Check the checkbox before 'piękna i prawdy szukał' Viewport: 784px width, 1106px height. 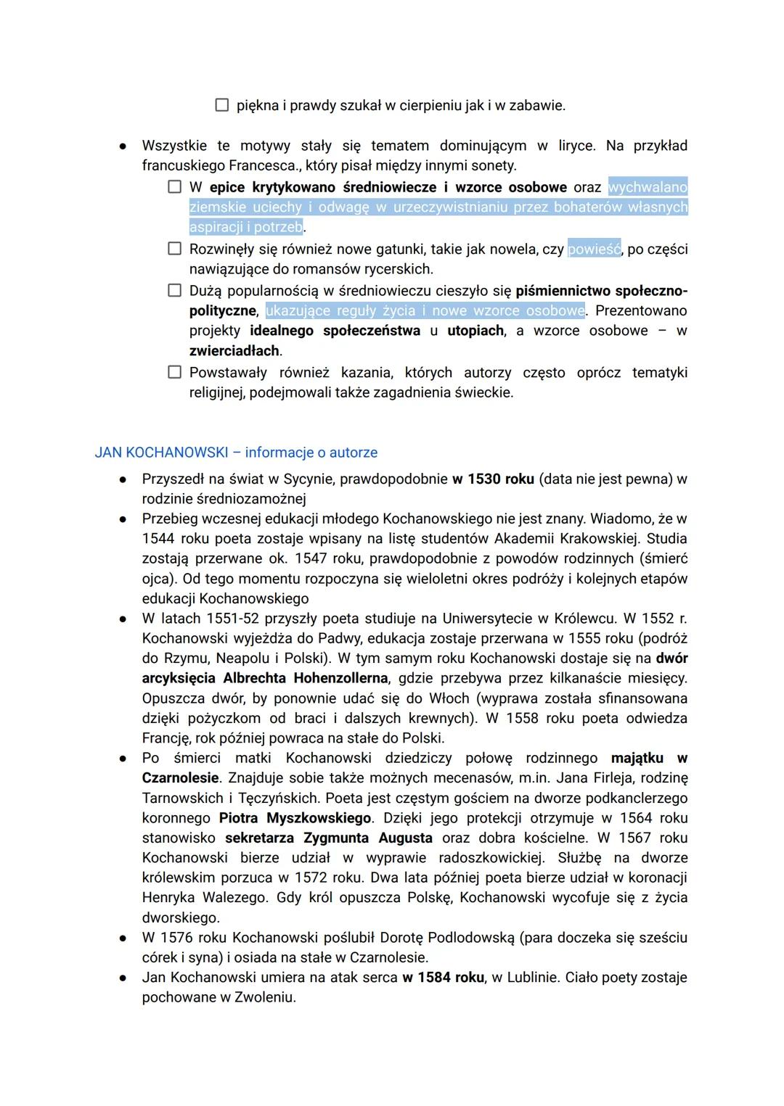(222, 105)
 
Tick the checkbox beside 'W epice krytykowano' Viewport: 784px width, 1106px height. (174, 187)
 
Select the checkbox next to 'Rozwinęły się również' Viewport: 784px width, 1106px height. (174, 249)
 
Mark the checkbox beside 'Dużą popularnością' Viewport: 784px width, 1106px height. (174, 291)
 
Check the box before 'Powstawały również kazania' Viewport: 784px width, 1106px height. (174, 372)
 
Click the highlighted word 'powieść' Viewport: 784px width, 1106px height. (594, 249)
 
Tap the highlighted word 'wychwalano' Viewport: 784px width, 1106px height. (648, 187)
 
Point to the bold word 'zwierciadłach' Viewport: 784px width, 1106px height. (234, 351)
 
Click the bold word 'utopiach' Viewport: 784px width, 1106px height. (475, 331)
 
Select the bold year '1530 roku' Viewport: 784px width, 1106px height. (501, 479)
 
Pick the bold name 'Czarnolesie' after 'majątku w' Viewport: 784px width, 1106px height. (180, 778)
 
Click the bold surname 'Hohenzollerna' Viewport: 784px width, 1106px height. (340, 678)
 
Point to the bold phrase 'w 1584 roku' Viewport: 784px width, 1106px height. (443, 978)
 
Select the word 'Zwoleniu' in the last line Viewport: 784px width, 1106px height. (264, 997)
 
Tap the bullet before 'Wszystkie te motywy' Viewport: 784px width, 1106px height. (123, 146)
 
